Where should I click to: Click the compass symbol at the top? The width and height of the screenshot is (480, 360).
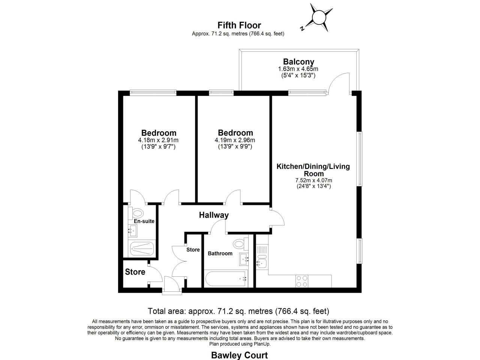pos(319,18)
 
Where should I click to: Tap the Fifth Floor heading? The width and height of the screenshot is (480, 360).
pos(239,25)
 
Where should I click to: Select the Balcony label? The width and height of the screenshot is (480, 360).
pos(298,61)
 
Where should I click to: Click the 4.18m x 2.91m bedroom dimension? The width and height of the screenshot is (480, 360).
pos(158,140)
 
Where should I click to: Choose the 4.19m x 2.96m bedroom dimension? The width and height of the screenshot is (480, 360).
pos(235,140)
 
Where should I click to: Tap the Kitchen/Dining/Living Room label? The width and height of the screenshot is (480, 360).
pos(313,170)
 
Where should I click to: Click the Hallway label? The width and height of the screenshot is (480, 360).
pos(214,215)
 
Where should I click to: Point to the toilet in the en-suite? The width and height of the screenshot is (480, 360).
pos(137,213)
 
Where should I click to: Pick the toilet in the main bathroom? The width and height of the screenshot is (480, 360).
pos(238,244)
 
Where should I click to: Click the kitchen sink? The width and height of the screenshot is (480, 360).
pos(261,263)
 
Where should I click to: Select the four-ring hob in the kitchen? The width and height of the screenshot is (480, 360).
pos(302,281)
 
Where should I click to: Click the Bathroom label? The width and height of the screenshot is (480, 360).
pos(220,253)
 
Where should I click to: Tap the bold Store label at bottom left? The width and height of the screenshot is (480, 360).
pos(135,272)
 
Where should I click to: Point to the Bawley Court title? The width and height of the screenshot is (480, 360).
pos(239,355)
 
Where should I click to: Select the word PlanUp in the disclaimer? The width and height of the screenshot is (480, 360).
pos(262,343)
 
